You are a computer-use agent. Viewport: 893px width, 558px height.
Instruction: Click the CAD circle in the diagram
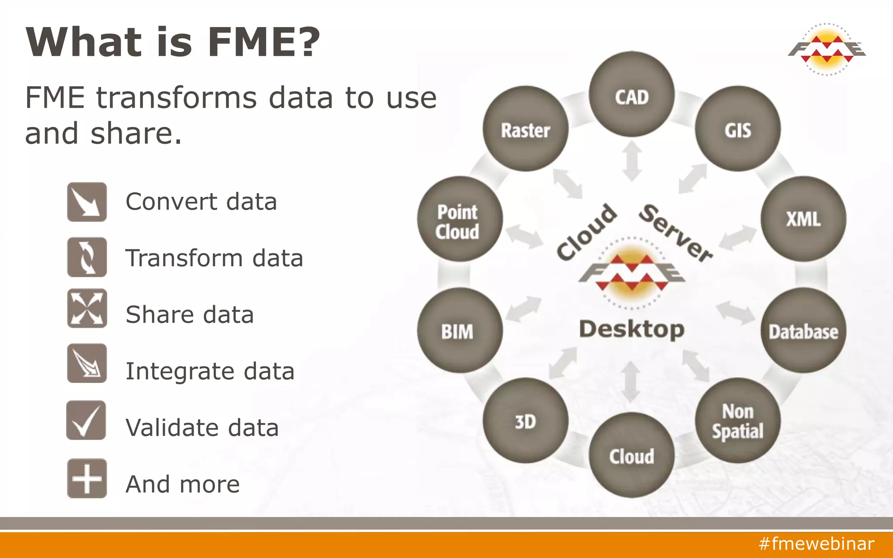631,95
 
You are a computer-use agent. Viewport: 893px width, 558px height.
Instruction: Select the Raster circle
525,129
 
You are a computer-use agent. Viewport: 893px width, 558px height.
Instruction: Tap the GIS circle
738,129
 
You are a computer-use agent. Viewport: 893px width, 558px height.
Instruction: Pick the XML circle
803,219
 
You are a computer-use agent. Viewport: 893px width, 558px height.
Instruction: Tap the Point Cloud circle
460,219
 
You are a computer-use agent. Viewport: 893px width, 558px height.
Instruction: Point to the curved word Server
675,233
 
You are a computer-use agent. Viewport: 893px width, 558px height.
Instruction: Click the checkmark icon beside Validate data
86,420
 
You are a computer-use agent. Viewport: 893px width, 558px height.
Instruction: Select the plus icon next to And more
87,478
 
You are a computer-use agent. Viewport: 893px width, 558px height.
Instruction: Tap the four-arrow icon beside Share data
87,308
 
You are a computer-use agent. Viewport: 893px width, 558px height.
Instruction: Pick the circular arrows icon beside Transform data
87,257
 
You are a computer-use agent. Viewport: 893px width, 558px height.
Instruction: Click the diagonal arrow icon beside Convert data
87,202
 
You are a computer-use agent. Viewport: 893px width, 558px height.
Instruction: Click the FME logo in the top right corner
827,49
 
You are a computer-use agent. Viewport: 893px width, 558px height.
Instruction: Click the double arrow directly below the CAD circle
632,161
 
